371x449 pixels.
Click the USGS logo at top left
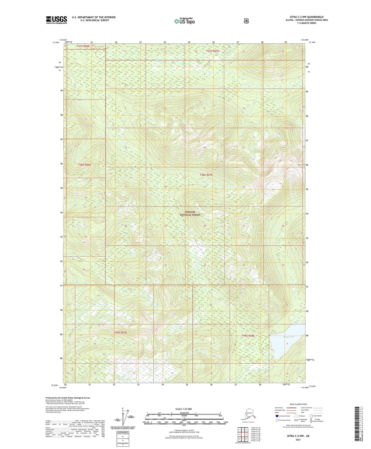(x=56, y=20)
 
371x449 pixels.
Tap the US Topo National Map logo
(x=184, y=21)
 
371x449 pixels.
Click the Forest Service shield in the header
(x=246, y=21)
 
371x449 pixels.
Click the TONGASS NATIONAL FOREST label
(x=190, y=213)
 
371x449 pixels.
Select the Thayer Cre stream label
(x=262, y=370)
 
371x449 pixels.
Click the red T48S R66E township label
(x=84, y=165)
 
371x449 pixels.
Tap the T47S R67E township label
(x=213, y=51)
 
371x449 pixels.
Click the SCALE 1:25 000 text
(x=183, y=409)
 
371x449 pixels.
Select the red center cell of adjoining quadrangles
(x=243, y=434)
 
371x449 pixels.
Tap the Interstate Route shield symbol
(x=277, y=416)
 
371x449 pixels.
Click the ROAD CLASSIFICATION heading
(x=298, y=404)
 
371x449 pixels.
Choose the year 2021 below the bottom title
(x=298, y=440)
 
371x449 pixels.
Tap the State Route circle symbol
(x=311, y=416)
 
